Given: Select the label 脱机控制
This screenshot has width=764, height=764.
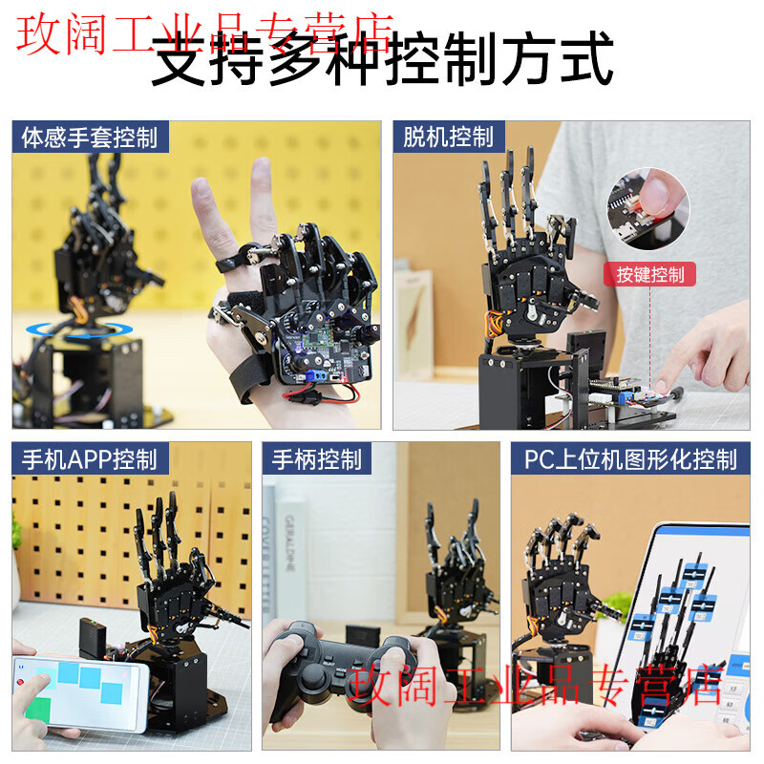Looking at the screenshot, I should click(448, 137).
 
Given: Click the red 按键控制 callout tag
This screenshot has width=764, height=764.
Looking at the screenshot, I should click(649, 275).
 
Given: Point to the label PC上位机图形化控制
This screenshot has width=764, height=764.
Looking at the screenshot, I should click(630, 459).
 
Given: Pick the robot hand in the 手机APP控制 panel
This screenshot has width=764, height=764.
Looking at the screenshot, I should click(177, 583).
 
